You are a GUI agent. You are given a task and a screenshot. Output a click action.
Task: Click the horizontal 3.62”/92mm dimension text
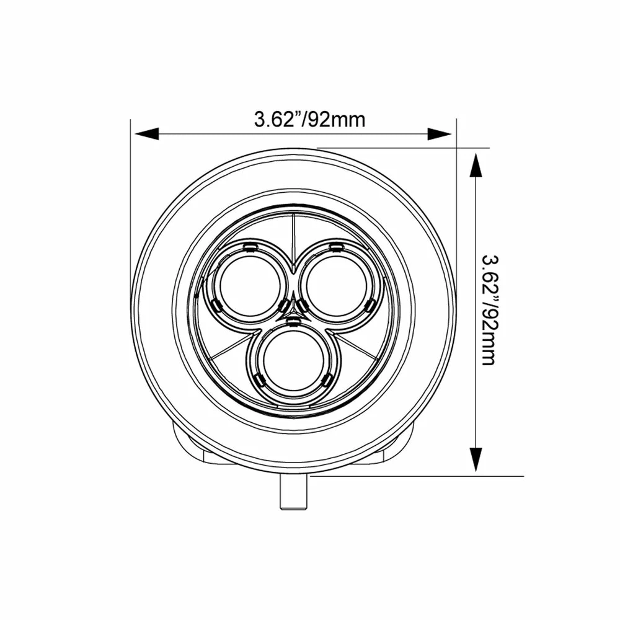(x=309, y=120)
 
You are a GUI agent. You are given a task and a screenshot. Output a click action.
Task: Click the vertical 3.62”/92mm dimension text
(x=490, y=311)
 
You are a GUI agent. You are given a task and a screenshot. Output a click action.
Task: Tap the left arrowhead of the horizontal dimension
(x=147, y=134)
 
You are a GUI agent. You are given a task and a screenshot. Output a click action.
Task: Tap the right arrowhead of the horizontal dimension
(x=440, y=134)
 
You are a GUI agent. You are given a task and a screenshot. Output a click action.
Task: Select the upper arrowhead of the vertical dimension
(x=476, y=166)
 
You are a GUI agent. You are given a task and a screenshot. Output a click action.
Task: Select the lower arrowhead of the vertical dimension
(x=476, y=459)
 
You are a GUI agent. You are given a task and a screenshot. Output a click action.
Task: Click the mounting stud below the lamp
(x=293, y=492)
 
